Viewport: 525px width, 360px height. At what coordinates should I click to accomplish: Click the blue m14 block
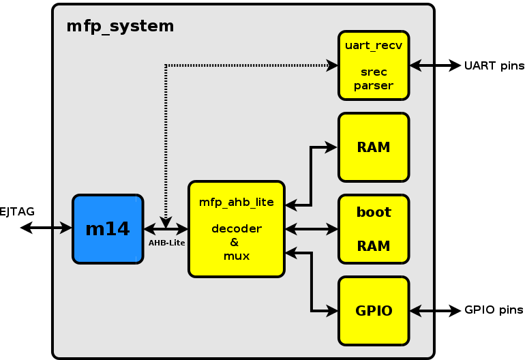click(108, 229)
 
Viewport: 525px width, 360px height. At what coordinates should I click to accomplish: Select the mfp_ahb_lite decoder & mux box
click(236, 229)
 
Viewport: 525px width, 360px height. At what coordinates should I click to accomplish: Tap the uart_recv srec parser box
click(374, 65)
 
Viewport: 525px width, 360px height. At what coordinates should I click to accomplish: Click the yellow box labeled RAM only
click(374, 147)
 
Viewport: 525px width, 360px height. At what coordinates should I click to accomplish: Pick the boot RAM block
click(374, 229)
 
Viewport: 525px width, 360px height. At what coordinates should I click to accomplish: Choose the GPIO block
click(374, 311)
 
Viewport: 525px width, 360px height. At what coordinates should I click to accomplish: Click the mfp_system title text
click(120, 27)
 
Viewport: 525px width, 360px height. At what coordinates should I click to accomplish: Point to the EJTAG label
click(17, 212)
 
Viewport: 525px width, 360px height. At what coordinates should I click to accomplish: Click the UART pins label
click(494, 66)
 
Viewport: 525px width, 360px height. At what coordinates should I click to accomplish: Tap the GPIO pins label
click(494, 310)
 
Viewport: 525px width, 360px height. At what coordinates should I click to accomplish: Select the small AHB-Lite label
click(166, 242)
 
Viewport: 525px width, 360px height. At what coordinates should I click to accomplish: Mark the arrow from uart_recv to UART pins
click(435, 65)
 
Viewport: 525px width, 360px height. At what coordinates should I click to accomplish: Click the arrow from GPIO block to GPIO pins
click(435, 311)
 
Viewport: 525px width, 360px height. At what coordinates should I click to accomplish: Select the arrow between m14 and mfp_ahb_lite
click(166, 229)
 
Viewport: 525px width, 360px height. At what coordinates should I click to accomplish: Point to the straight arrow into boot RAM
click(312, 229)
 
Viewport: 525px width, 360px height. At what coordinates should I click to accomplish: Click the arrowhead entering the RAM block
click(333, 147)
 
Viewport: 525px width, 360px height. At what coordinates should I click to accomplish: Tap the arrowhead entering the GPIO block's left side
click(333, 311)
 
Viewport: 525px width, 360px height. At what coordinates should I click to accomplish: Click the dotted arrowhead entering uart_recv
click(333, 65)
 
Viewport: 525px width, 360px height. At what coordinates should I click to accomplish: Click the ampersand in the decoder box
click(234, 243)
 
